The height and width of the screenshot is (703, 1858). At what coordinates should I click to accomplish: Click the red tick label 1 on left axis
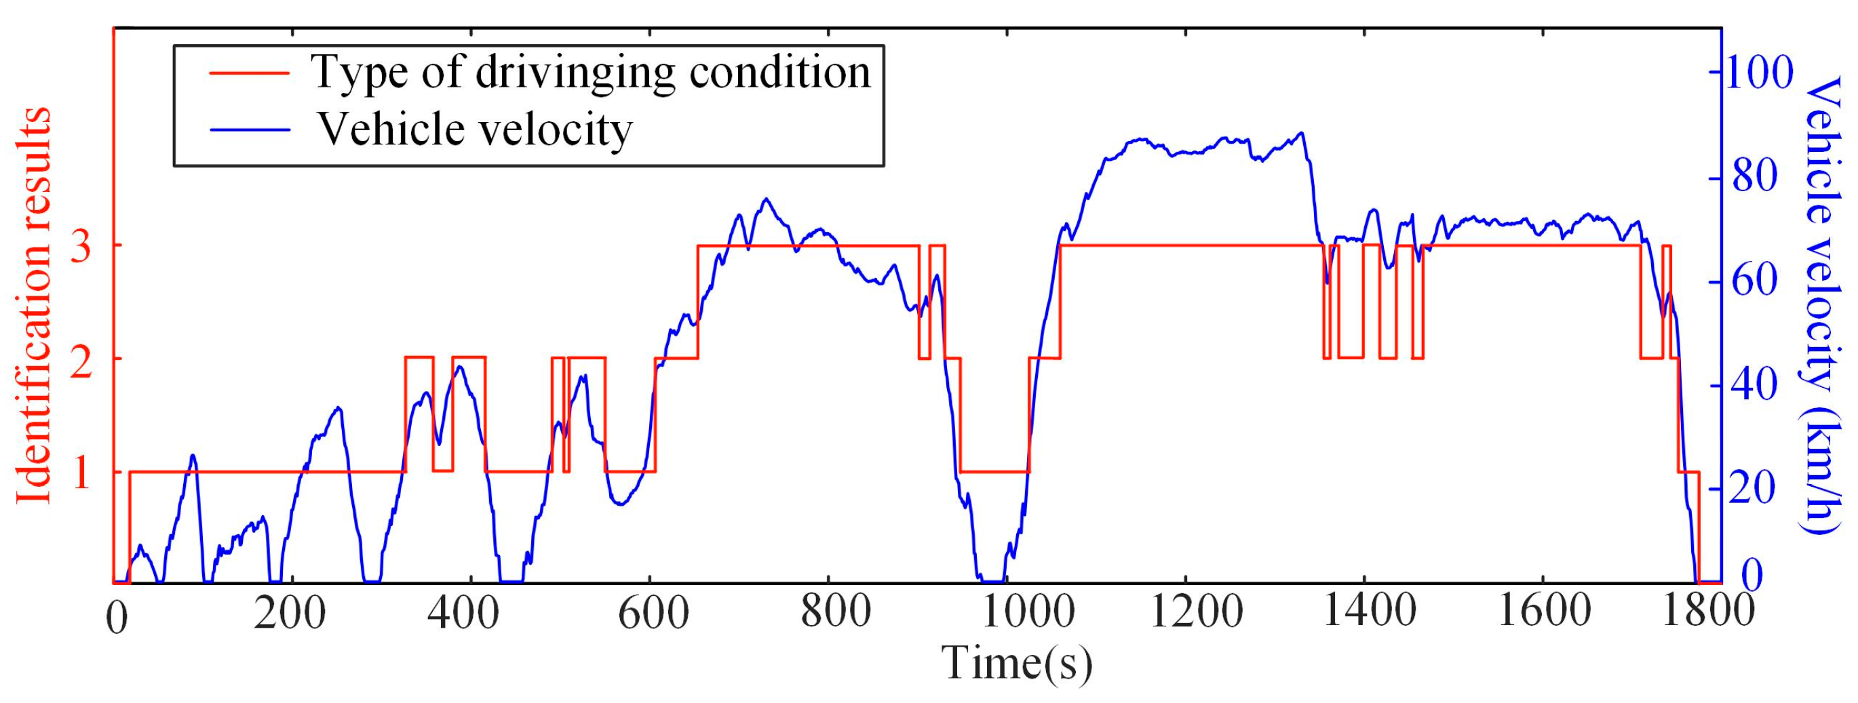[81, 474]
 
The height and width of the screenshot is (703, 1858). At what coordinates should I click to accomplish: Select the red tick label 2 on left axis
[81, 360]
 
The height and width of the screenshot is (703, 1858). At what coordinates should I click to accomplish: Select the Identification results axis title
[33, 306]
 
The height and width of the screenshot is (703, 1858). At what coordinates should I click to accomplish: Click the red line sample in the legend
[250, 73]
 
